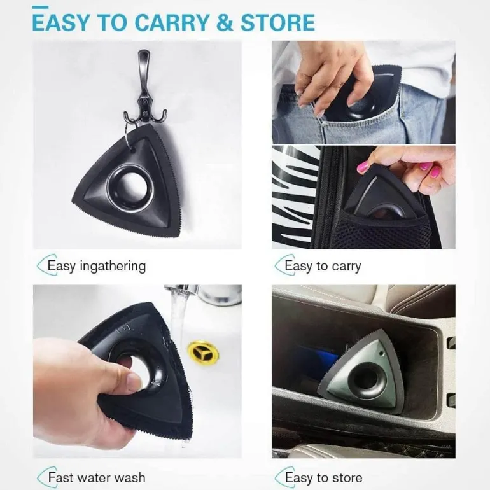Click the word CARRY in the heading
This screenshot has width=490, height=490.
[x=172, y=22]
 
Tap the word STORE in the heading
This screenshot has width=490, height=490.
[x=277, y=22]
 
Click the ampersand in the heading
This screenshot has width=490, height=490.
[x=225, y=22]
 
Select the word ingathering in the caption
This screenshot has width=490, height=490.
[x=113, y=267]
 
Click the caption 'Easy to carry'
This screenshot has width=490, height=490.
[x=323, y=266]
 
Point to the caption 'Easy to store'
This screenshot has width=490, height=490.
[x=324, y=478]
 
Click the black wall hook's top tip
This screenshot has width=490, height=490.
[x=144, y=52]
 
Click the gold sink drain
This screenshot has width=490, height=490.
[x=203, y=352]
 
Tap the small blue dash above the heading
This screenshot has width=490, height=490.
[x=40, y=6]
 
